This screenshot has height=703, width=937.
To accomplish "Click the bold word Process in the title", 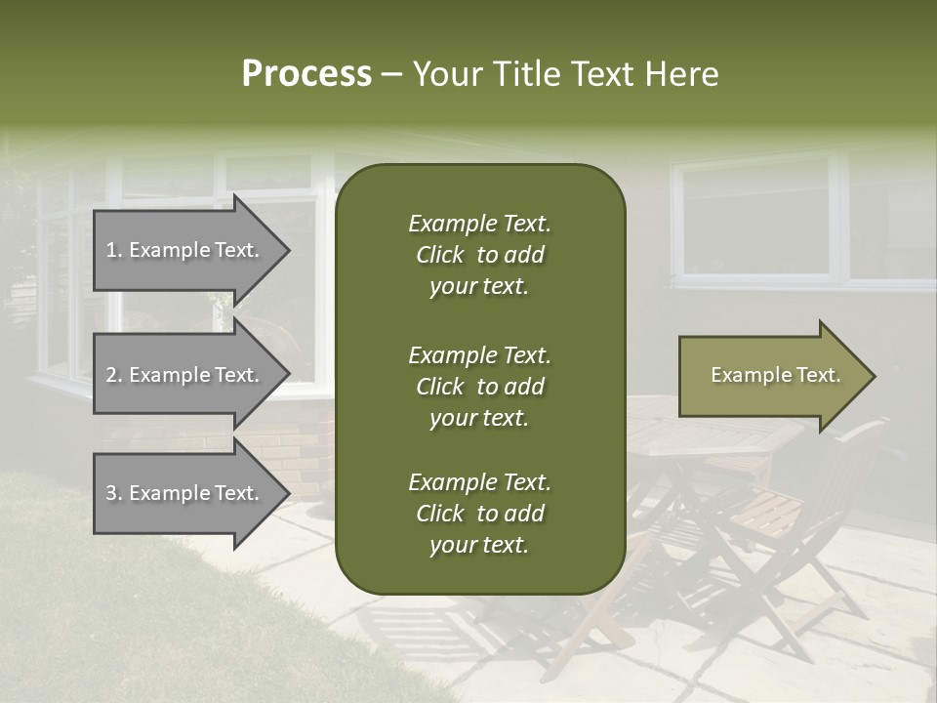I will [x=306, y=74].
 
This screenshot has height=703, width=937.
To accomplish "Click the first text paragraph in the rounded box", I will [x=479, y=255].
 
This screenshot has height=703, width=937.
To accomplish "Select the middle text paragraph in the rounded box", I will [x=479, y=386].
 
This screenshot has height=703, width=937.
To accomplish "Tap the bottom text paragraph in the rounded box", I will [x=479, y=514].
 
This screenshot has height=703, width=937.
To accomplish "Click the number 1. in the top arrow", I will [x=114, y=250].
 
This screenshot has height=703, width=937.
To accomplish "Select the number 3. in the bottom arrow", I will [x=114, y=493].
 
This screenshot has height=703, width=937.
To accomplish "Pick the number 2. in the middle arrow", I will [x=114, y=375].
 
